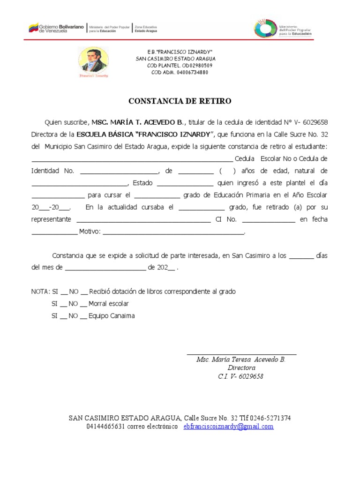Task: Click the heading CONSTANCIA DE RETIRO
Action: tap(180, 101)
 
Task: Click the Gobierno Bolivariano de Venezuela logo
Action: tap(57, 29)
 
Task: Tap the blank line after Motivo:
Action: tap(173, 232)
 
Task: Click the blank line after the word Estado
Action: tap(185, 183)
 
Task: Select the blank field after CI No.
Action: tap(269, 219)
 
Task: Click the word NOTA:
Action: tap(40, 292)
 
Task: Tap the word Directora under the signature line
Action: tap(241, 368)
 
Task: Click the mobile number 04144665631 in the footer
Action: tap(105, 427)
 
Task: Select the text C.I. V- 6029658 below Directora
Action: tap(241, 376)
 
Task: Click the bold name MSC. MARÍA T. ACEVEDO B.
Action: tap(139, 122)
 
